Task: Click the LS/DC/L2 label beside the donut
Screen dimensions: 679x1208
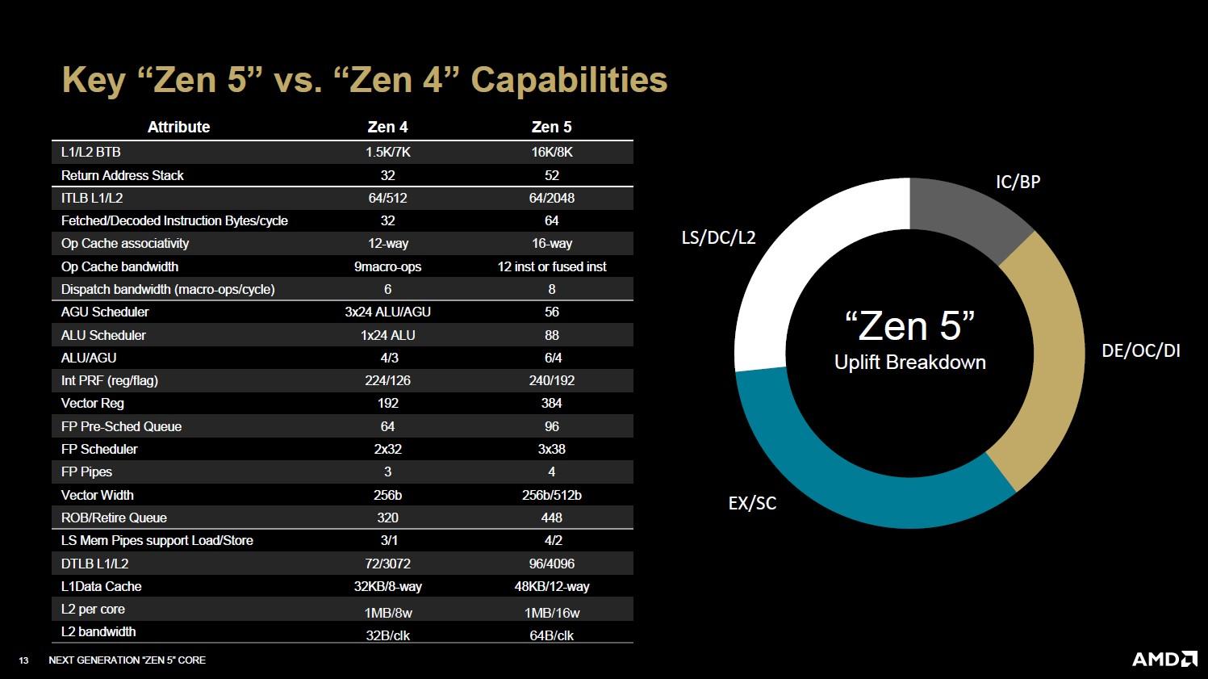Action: point(718,237)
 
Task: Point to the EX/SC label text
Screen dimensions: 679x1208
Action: point(752,503)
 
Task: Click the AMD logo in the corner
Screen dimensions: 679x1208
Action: point(1164,659)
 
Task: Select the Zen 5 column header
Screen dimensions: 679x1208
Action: point(551,127)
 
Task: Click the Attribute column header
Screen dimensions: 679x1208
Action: point(178,127)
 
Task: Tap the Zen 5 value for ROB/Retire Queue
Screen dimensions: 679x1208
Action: point(551,518)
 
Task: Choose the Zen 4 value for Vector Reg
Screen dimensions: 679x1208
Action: point(387,403)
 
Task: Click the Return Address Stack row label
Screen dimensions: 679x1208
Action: point(123,175)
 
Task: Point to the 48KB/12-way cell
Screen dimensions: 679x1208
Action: point(551,586)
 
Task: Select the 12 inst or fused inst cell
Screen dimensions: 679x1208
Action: point(551,266)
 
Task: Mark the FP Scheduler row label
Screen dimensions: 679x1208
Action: point(99,449)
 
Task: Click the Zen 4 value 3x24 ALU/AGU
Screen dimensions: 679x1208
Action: point(387,312)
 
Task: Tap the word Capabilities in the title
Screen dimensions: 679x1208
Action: point(569,80)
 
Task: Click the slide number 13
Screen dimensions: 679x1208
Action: point(23,660)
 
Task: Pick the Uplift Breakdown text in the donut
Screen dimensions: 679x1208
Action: point(909,362)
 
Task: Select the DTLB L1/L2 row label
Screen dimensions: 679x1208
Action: point(94,564)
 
